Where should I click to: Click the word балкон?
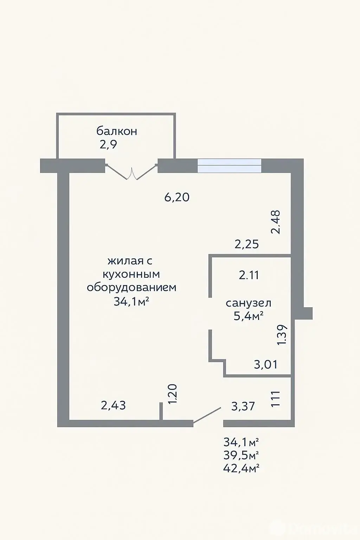coord(117,131)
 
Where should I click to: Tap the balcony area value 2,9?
coord(108,144)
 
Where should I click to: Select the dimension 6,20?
coord(177,198)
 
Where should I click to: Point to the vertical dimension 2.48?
coord(275,222)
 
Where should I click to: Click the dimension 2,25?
coord(247,244)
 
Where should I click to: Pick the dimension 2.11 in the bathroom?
coord(249,275)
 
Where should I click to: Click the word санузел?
coord(248,303)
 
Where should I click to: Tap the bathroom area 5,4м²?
coord(248,316)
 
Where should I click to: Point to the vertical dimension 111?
coord(275,399)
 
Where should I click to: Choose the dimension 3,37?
coord(243,406)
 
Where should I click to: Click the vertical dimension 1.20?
coord(173,394)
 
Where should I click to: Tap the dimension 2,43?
coord(113,405)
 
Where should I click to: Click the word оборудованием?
coord(131,288)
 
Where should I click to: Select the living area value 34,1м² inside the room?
coord(131,302)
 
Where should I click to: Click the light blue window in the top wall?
coord(229,166)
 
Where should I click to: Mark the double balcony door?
coord(131,172)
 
